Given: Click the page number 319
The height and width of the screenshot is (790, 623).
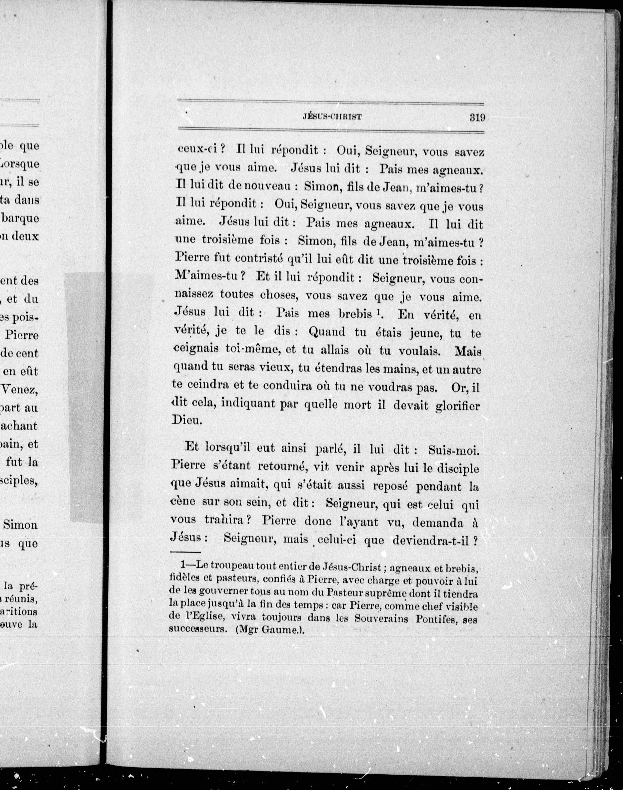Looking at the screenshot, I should pyautogui.click(x=477, y=118).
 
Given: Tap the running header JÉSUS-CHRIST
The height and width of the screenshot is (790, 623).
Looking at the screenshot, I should pyautogui.click(x=332, y=117).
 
